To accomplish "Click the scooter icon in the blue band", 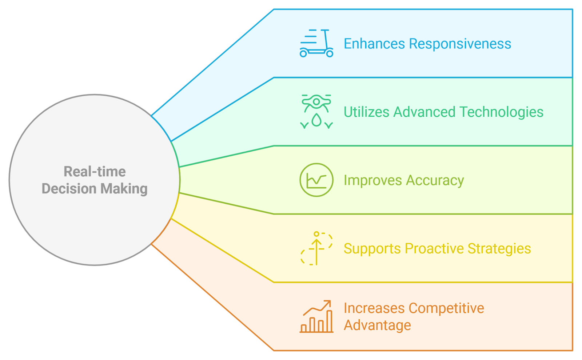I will tap(316, 44).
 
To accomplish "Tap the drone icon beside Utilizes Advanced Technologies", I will tap(316, 111).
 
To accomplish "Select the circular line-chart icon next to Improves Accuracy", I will tap(316, 180).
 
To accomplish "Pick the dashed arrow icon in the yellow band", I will tap(316, 248).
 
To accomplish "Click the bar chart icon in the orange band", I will tap(316, 317).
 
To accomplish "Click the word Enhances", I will tap(374, 44).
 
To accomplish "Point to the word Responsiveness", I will tap(460, 44).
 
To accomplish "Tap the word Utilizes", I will tap(366, 112).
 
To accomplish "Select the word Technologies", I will tap(501, 112).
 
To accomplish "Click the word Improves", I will tap(372, 180).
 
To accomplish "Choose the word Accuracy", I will tap(435, 180).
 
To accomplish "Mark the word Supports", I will tap(372, 249).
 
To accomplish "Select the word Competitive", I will tap(446, 308).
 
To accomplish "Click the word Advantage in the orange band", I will tap(377, 325).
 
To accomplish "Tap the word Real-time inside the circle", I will tap(95, 172).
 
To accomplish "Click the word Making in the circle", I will tap(124, 189).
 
